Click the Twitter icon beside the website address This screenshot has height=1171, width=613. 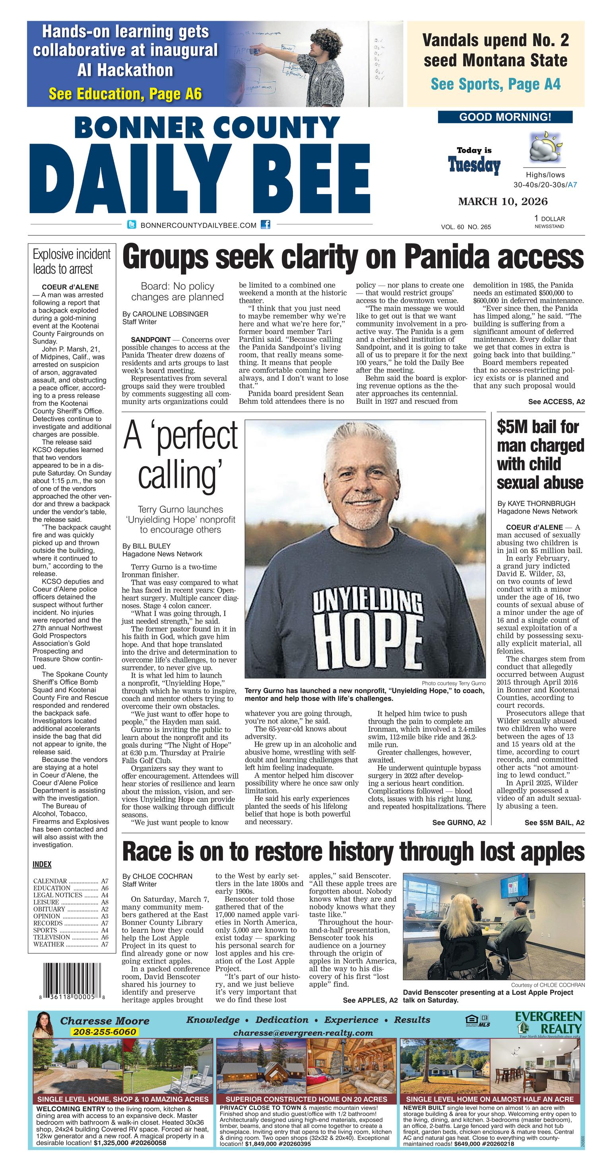coord(131,225)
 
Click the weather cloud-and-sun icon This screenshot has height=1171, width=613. coord(545,148)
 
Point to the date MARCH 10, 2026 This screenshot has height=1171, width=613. coord(502,201)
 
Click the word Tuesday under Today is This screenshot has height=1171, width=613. coord(474,166)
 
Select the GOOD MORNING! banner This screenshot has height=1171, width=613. coord(505,117)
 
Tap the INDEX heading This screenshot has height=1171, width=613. coord(42,864)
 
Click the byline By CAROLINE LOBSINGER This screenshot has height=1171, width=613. coord(165,314)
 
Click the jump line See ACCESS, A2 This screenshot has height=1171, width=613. coord(556,402)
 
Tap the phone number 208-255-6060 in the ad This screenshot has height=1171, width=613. coord(104,1031)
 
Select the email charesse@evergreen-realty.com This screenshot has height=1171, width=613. coord(303,1033)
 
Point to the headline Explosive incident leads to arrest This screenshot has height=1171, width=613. coord(71,261)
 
